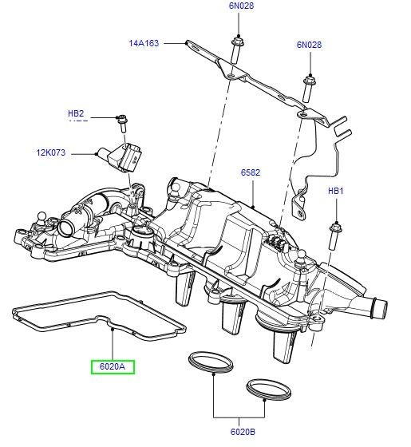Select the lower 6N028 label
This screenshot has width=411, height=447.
[x=309, y=45]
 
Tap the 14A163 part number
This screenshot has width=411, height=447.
[x=144, y=44]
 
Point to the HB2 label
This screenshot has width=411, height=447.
[x=76, y=114]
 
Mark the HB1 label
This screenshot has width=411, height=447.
[x=335, y=192]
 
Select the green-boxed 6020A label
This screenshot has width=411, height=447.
[x=113, y=367]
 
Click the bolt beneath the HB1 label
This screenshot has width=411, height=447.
[x=334, y=235]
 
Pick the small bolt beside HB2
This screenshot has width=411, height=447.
[x=122, y=122]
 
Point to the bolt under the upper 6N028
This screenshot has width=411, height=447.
[x=237, y=49]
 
